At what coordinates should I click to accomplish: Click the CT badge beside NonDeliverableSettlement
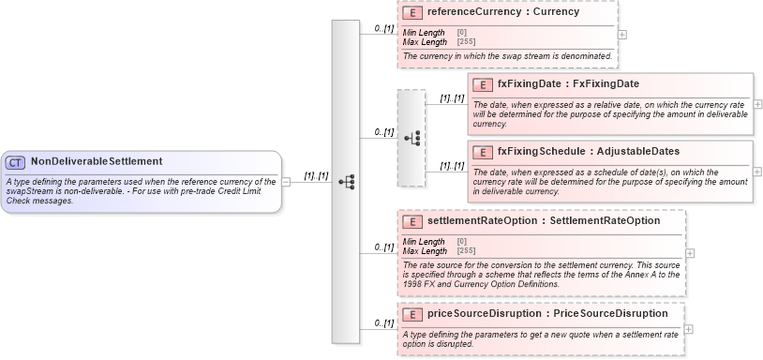point(16,162)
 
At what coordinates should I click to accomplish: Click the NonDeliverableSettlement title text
point(96,162)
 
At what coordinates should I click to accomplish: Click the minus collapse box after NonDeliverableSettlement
point(286,181)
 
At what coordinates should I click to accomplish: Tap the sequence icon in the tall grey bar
point(345,182)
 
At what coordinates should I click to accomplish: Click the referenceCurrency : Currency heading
point(502,13)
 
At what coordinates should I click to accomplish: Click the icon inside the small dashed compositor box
point(411,138)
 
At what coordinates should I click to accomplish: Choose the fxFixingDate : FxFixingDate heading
point(568,84)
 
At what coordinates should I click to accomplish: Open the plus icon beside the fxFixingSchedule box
point(757,172)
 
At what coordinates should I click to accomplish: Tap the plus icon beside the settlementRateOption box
point(690,253)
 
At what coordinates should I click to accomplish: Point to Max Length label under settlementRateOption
point(425,250)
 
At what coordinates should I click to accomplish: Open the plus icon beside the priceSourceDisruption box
point(689,329)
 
